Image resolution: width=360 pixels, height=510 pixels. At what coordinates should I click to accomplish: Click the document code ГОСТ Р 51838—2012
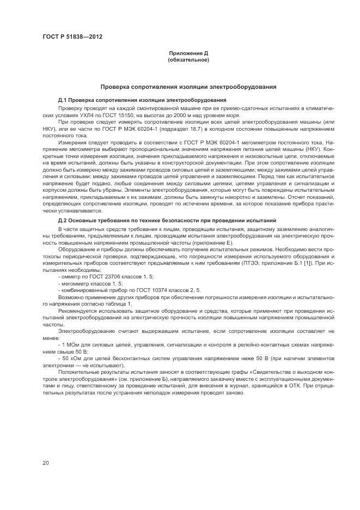tap(72, 37)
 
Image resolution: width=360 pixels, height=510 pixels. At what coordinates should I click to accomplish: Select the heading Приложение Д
tap(188, 53)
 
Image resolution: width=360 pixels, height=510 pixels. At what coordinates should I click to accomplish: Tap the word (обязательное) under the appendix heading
tap(188, 59)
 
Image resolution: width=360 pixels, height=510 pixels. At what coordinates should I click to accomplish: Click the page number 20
tap(45, 463)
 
